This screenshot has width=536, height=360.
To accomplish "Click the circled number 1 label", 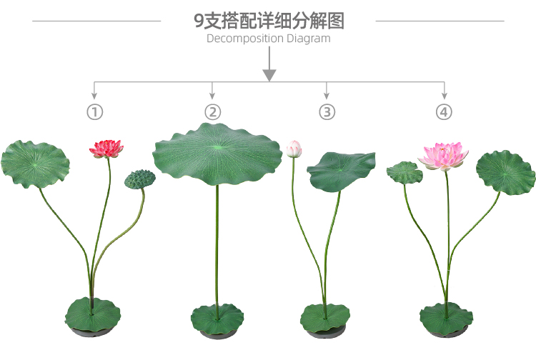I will (95, 112).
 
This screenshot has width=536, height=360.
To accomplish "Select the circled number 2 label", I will (212, 112).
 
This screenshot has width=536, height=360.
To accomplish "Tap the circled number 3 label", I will (327, 112).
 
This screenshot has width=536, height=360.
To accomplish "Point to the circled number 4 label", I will (444, 112).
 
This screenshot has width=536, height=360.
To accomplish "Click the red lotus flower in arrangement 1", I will (106, 149).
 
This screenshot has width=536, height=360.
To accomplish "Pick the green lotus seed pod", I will (139, 179).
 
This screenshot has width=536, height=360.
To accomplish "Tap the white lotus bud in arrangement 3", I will (294, 149).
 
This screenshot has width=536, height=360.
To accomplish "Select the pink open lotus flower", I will (443, 156).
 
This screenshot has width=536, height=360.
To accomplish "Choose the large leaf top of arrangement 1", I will (36, 164).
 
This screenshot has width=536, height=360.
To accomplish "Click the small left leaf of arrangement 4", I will (405, 172).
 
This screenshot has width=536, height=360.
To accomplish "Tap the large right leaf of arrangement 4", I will (505, 172).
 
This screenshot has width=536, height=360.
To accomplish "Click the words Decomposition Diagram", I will (268, 39).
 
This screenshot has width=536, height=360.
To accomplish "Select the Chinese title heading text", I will (268, 20).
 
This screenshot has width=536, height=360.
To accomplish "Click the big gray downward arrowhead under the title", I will (269, 74).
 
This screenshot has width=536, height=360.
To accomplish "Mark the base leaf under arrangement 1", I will (93, 315).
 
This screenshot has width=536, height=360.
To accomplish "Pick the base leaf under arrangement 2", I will (217, 319).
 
